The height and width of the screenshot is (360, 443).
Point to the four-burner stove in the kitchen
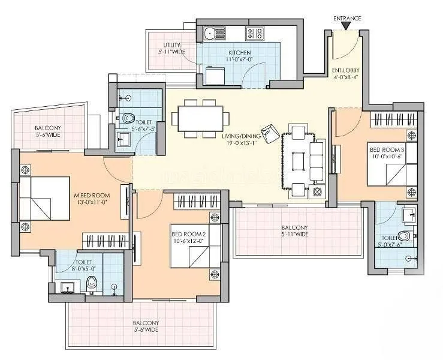pos(255,34)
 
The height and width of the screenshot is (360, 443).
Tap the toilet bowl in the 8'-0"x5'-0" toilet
pos(92,285)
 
